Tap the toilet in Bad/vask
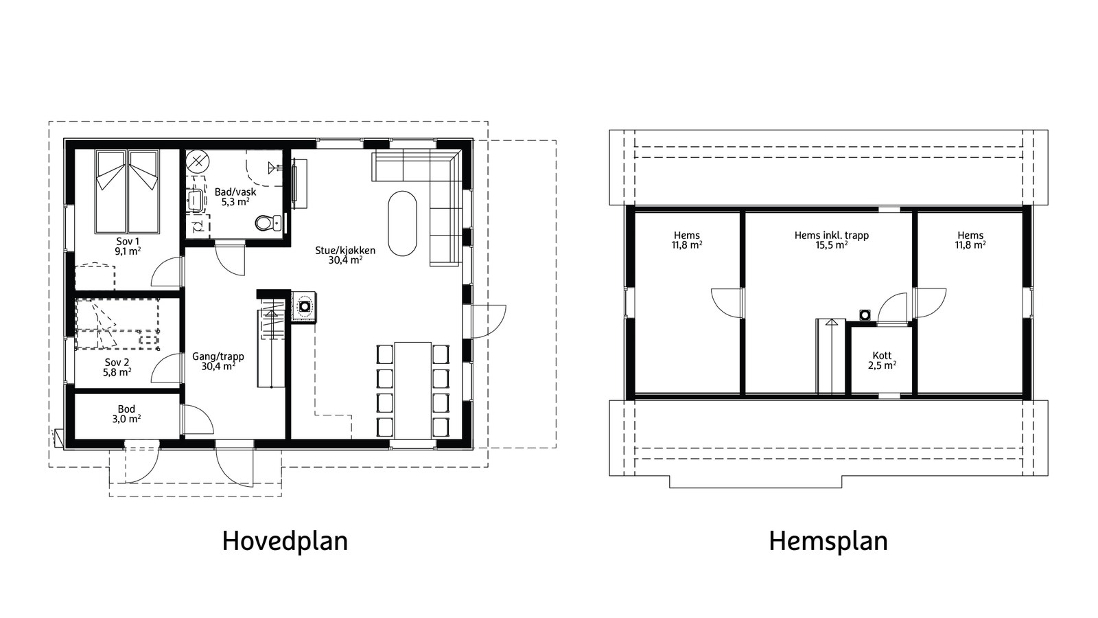tap(268, 223)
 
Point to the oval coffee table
tap(402, 223)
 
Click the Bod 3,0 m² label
tap(126, 414)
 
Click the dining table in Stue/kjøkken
tap(412, 391)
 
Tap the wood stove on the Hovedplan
tap(305, 306)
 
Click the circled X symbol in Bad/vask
tap(198, 161)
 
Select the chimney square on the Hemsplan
tap(865, 314)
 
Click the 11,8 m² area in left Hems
tap(687, 244)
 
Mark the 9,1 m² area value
tap(128, 251)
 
